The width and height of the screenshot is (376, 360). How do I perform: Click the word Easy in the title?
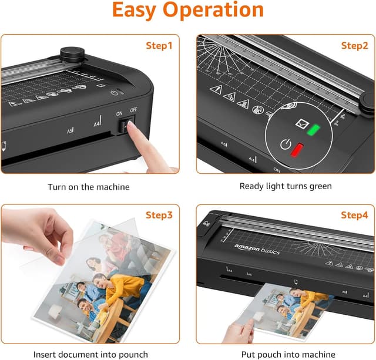click(139, 10)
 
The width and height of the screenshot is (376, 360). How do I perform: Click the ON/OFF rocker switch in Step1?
click(126, 125)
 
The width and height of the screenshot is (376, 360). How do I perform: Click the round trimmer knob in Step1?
click(71, 53)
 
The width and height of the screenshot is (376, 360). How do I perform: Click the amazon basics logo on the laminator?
click(257, 248)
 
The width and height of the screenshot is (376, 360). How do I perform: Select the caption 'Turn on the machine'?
click(89, 187)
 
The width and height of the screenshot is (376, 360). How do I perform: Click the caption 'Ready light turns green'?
click(286, 187)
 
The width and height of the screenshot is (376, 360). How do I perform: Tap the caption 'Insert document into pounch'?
click(90, 354)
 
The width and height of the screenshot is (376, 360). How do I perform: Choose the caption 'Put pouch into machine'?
click(285, 354)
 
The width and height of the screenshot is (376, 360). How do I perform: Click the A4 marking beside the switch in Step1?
click(97, 123)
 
